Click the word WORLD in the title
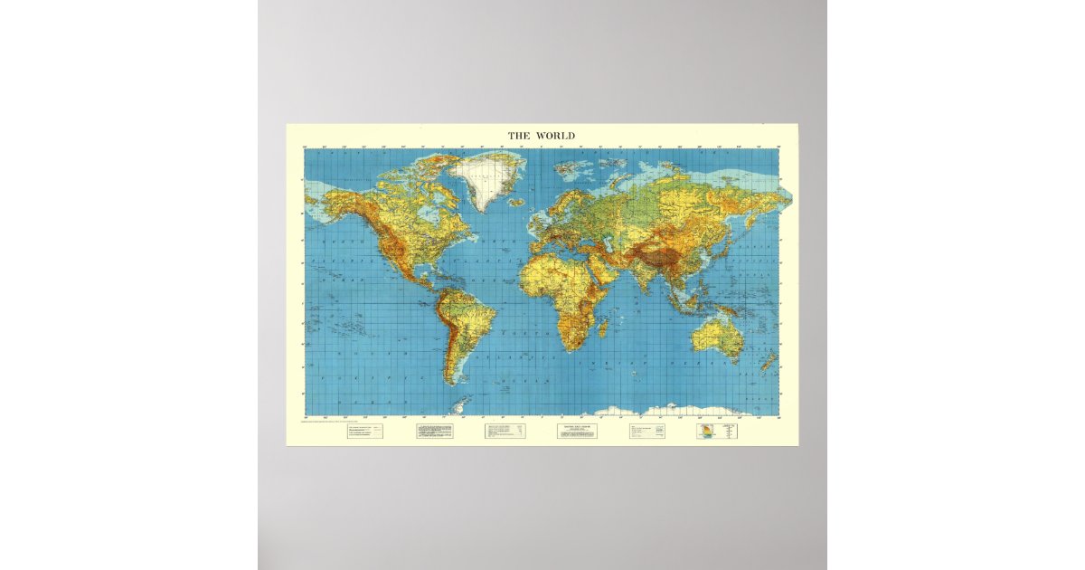tap(555, 136)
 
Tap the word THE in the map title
tap(519, 136)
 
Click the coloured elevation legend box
tap(705, 432)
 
